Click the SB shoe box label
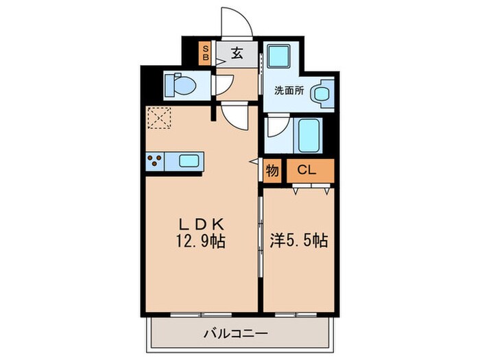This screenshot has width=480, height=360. (205, 53)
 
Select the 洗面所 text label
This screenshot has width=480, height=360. (289, 90)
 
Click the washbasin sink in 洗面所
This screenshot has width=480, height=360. (322, 94)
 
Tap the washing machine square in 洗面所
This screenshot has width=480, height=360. (280, 58)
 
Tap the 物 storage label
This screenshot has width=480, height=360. (272, 171)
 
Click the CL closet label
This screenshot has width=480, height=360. (307, 171)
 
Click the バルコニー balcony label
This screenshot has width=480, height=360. (236, 334)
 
